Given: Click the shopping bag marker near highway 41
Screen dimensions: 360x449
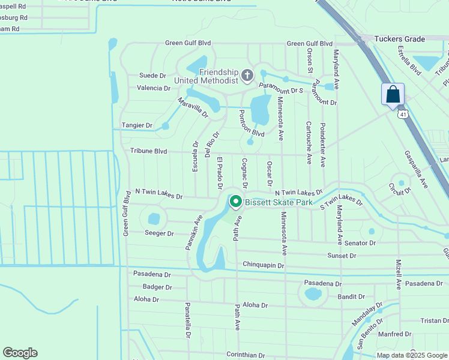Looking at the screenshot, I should [x=393, y=95].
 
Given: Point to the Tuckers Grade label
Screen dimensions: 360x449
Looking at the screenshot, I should [x=399, y=39].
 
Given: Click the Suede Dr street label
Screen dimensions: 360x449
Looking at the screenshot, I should [x=152, y=76].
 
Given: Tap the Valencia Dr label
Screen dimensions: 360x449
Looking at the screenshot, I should [x=154, y=88].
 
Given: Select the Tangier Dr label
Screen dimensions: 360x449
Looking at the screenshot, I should [x=137, y=125].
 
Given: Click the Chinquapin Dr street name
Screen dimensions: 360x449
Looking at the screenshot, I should [x=263, y=265].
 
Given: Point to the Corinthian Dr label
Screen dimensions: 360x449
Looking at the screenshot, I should [x=246, y=355].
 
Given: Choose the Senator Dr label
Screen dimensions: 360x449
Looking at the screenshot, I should [x=360, y=243].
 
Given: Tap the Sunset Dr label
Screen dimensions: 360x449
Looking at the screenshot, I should [x=342, y=256].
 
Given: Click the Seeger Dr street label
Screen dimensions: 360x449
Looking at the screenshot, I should [x=159, y=233].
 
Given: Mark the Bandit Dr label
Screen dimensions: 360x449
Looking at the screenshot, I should [x=351, y=296].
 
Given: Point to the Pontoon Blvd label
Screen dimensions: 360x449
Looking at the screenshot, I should [x=251, y=123].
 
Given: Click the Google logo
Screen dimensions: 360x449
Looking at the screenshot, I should [x=20, y=353].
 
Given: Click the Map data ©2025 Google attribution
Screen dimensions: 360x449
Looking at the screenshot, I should [x=411, y=355].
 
